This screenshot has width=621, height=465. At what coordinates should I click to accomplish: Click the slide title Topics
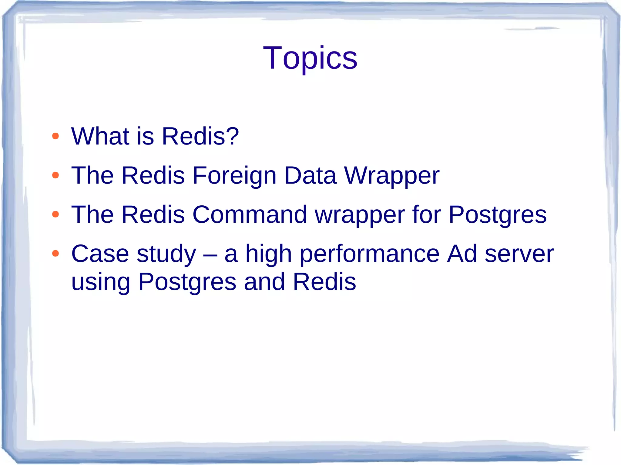point(310,58)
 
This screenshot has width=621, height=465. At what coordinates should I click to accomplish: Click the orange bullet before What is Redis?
point(55,136)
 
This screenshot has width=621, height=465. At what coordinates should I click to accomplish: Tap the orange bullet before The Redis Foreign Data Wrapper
point(55,175)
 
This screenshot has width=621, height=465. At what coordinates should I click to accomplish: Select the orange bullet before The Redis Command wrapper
point(55,214)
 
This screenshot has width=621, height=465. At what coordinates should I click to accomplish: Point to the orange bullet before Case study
point(55,253)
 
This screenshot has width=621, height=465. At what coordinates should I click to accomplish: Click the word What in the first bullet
point(100,136)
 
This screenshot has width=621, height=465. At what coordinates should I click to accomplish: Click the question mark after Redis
point(232,136)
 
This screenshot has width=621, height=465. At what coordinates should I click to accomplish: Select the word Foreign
point(234,176)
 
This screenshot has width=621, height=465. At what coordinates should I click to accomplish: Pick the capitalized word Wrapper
point(391,176)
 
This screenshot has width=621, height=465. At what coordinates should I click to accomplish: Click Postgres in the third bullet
point(497,215)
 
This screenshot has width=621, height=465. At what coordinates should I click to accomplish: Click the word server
point(519,254)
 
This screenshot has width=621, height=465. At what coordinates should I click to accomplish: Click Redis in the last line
point(324,281)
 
